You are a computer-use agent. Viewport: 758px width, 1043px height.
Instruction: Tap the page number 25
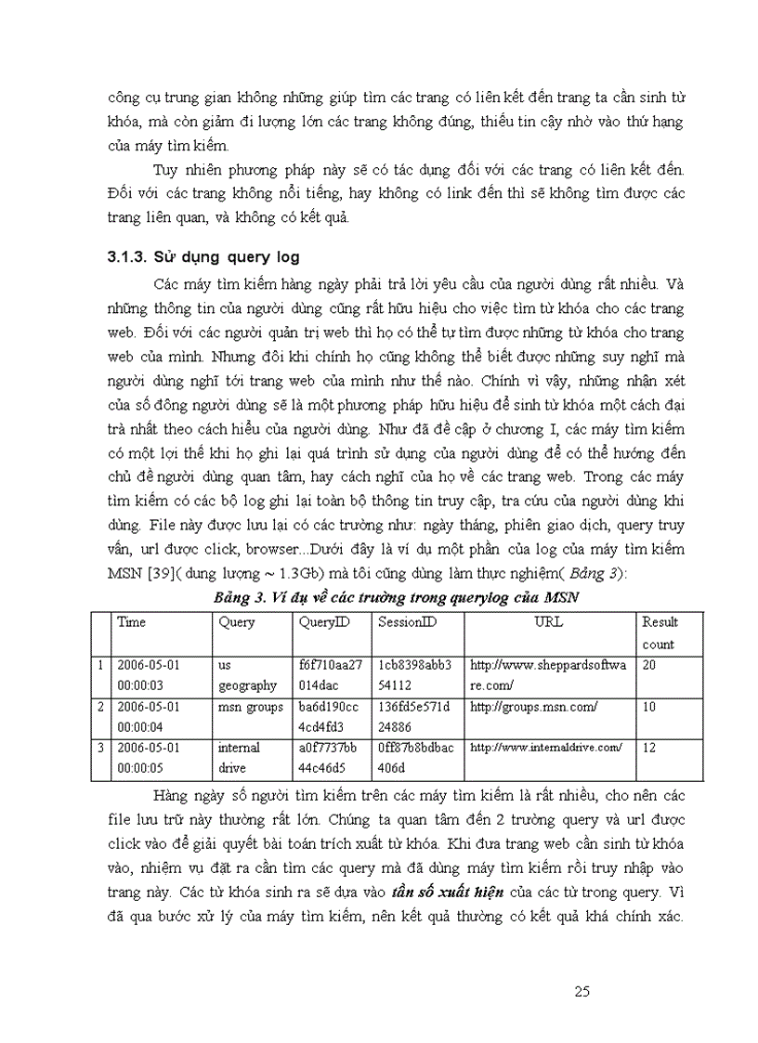coord(582,991)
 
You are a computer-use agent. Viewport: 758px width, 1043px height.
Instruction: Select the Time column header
coord(132,622)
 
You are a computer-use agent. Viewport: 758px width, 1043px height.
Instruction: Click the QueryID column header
coord(324,622)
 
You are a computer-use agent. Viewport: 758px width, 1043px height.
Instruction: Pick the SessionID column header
coord(407,622)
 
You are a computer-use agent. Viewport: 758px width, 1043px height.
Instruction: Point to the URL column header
coord(548,622)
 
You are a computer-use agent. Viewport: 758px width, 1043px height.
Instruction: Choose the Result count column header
coord(660,632)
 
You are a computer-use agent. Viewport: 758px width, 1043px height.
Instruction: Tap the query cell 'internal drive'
coord(239,758)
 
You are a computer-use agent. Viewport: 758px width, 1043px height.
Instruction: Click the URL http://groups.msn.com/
coord(533,708)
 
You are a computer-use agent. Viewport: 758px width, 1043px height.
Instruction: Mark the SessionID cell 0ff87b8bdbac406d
coord(416,758)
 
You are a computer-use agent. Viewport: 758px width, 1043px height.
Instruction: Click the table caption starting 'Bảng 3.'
coord(396,597)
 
